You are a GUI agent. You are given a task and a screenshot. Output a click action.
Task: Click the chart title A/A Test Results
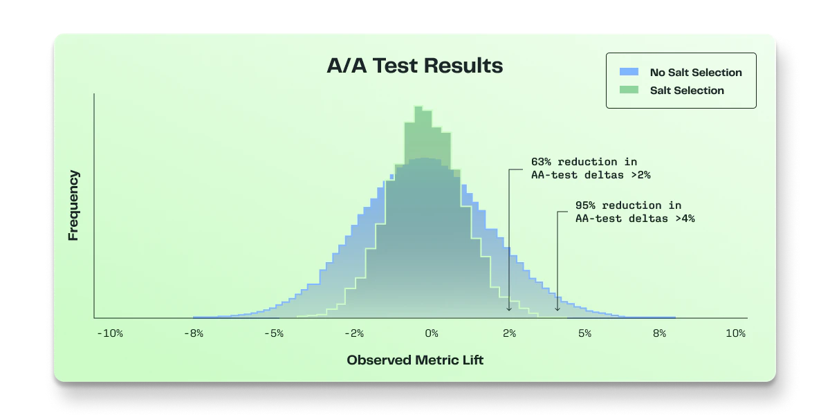tap(414, 66)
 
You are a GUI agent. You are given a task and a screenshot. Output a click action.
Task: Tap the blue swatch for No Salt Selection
tap(629, 72)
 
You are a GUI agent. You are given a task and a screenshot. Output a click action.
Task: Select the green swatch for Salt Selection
tap(629, 90)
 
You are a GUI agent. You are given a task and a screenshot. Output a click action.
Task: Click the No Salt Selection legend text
tap(696, 72)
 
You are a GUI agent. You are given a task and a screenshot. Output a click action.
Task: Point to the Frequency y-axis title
tap(73, 205)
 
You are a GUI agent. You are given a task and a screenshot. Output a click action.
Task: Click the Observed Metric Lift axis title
tap(415, 360)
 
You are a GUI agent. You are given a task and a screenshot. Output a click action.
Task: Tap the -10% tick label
tap(110, 333)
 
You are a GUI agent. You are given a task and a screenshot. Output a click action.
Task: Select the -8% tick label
tap(194, 333)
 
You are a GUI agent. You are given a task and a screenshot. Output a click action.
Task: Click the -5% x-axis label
tap(274, 333)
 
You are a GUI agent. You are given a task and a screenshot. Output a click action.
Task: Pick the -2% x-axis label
tap(354, 333)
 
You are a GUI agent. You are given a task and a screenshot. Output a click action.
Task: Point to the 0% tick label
tap(432, 333)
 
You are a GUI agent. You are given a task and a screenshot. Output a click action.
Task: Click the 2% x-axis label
tap(510, 333)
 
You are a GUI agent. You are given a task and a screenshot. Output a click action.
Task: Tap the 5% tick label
tap(584, 333)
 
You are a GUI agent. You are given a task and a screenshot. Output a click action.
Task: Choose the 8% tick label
tap(660, 333)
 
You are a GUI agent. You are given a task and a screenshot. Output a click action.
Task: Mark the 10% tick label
tap(735, 333)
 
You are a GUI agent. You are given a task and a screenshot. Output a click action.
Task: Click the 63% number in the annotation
tap(541, 162)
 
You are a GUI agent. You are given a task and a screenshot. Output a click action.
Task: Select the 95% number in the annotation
tap(585, 205)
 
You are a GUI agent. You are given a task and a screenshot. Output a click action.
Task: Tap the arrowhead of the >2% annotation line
tap(509, 309)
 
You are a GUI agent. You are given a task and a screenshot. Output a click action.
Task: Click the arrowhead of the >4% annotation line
tap(557, 309)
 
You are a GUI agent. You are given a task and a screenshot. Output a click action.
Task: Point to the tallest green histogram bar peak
tap(418, 107)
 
